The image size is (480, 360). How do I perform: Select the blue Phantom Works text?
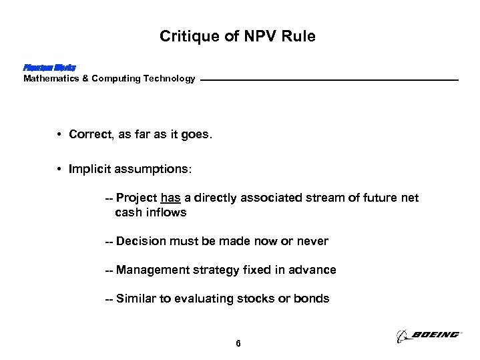49,67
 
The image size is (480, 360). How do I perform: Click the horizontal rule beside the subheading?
329,81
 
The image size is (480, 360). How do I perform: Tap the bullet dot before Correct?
60,134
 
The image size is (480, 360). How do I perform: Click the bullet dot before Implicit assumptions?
60,170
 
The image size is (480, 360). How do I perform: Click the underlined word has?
170,198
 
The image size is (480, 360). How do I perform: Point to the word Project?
136,198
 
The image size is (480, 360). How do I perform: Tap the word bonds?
313,299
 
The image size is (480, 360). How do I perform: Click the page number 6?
238,344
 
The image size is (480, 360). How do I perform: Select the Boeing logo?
428,335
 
